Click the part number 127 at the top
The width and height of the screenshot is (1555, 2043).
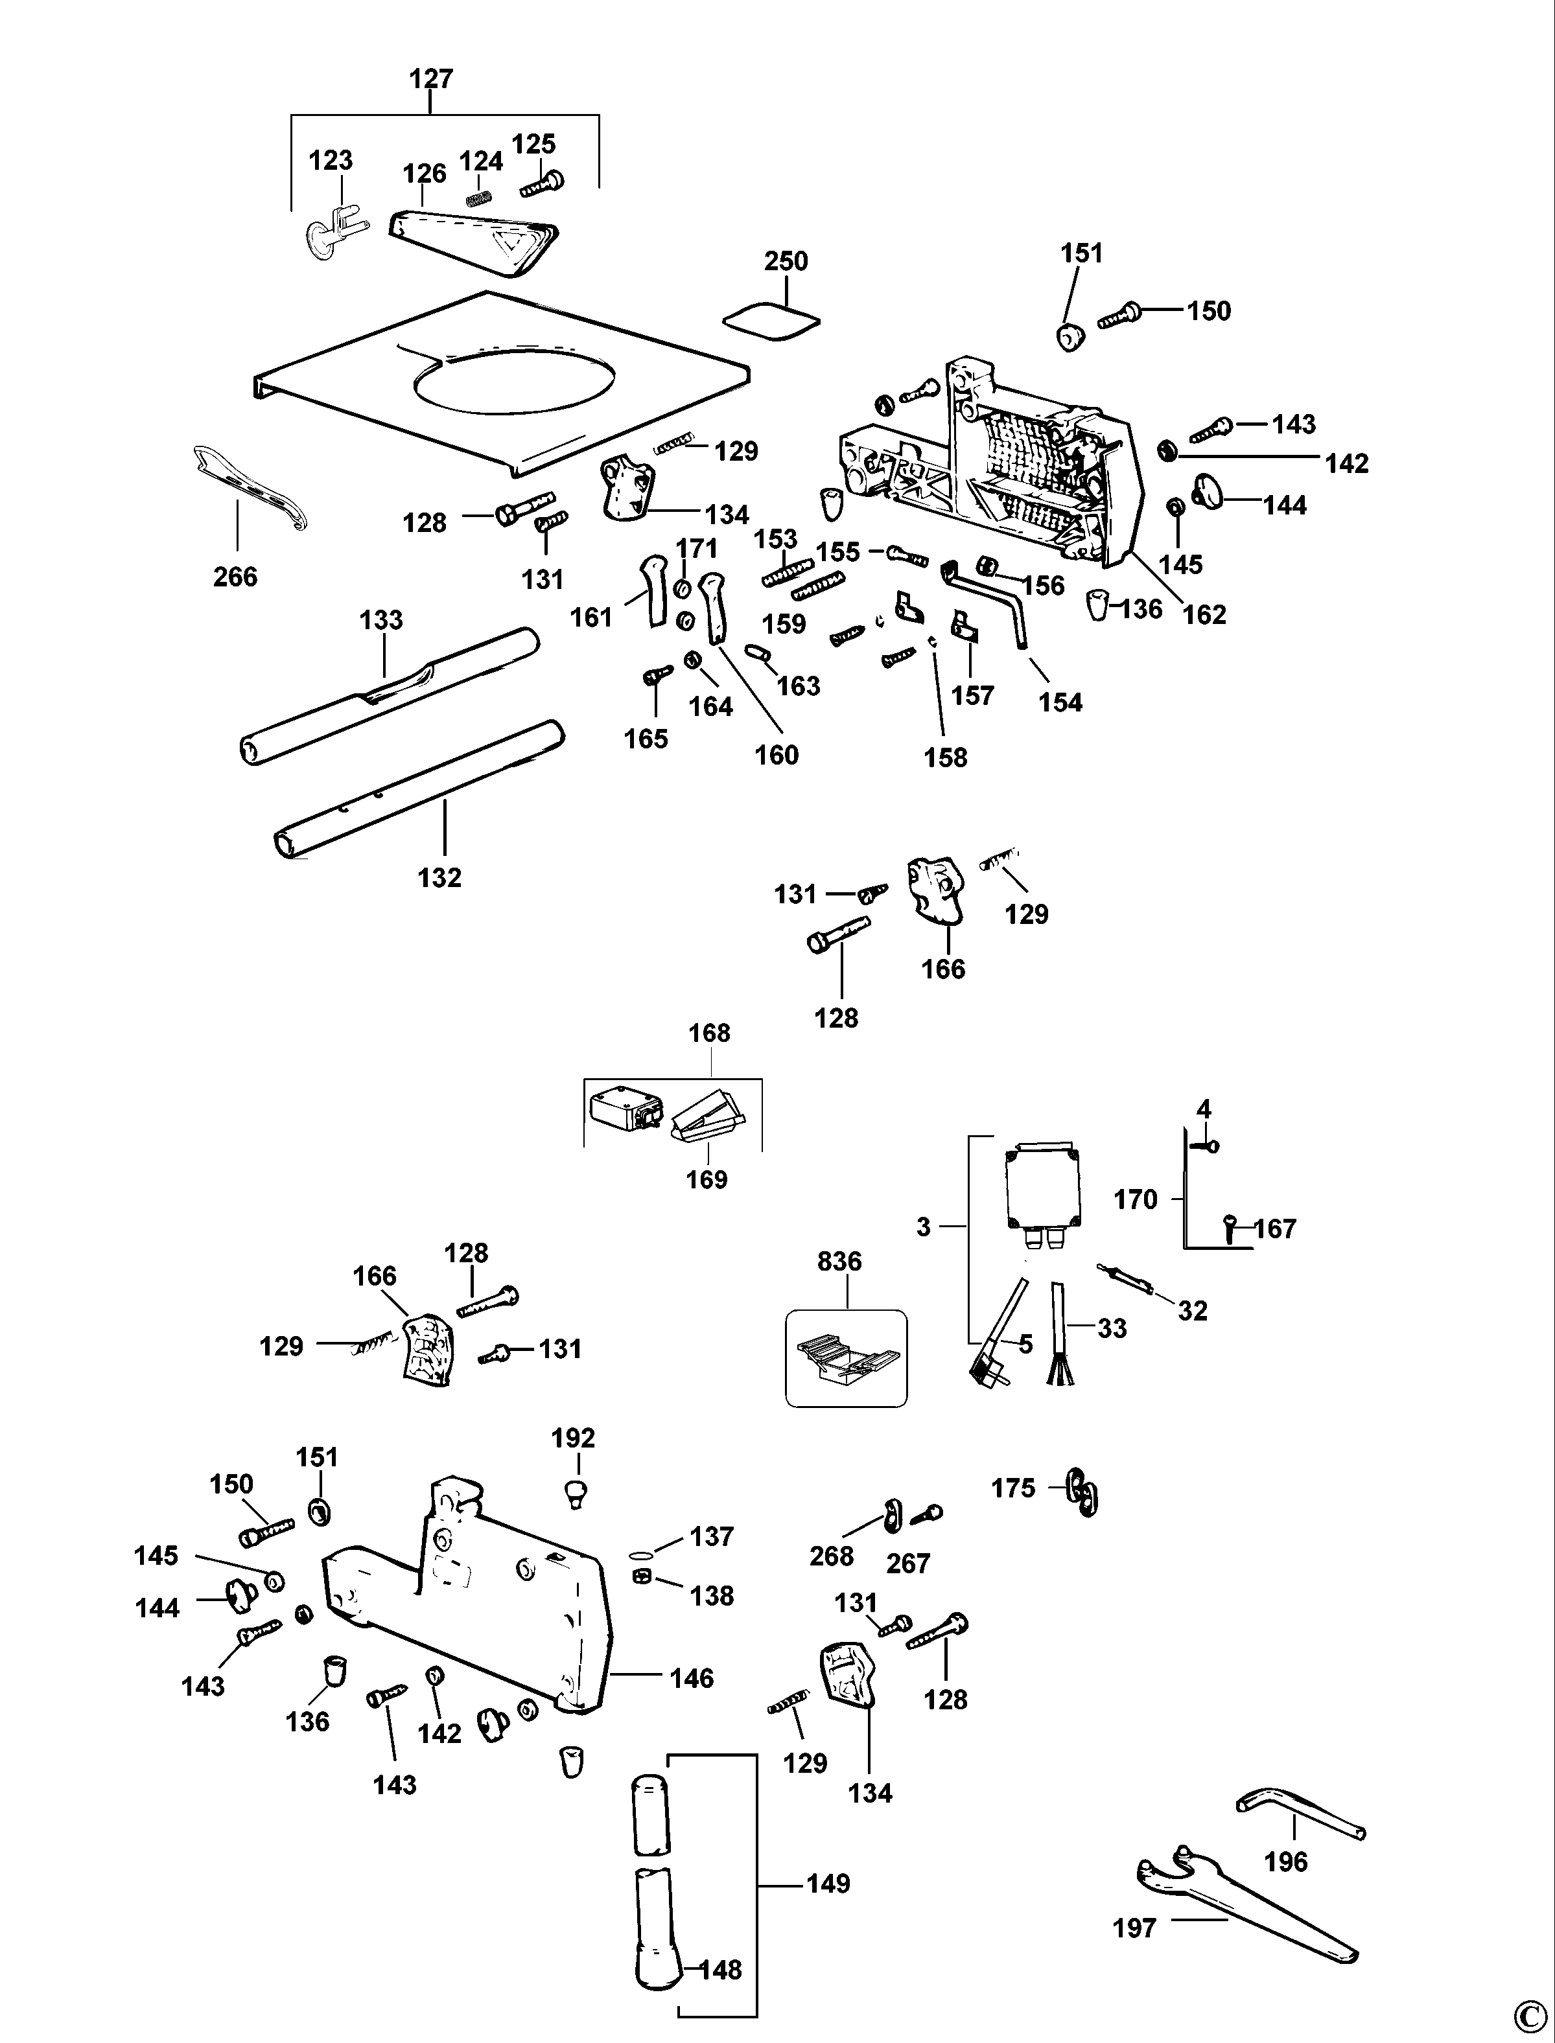click(x=431, y=78)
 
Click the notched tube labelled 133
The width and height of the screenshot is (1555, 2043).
click(x=389, y=696)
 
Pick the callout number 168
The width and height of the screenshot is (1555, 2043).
click(x=709, y=1033)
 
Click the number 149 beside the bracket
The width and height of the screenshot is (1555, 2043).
click(x=828, y=1884)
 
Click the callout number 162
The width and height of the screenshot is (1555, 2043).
click(x=1204, y=614)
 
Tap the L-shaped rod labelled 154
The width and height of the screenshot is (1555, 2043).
click(x=990, y=601)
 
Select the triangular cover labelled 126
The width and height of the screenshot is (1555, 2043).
click(x=472, y=240)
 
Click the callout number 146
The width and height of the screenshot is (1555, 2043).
click(x=692, y=1678)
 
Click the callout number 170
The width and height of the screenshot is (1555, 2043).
click(x=1136, y=1199)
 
